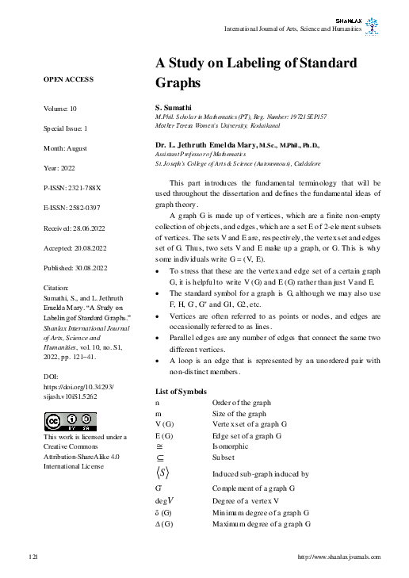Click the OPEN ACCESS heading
click(68, 79)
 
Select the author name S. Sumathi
click(172, 106)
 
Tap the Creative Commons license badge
click(70, 421)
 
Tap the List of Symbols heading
click(182, 392)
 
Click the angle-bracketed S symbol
click(162, 473)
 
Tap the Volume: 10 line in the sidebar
click(60, 108)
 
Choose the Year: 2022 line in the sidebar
click(59, 168)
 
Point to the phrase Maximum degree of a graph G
click(261, 524)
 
